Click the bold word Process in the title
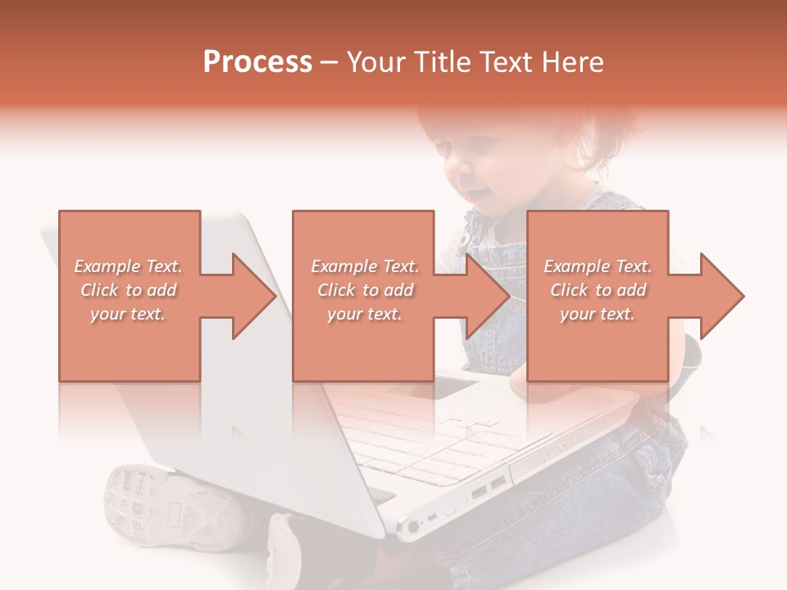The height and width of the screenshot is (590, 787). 257,62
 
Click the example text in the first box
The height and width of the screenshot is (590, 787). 128,290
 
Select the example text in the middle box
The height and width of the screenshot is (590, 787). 364,290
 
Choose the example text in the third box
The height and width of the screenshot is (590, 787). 597,290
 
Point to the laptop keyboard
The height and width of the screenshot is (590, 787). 434,442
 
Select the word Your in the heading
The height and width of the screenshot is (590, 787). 374,62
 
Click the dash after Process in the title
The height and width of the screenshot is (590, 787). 330,62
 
